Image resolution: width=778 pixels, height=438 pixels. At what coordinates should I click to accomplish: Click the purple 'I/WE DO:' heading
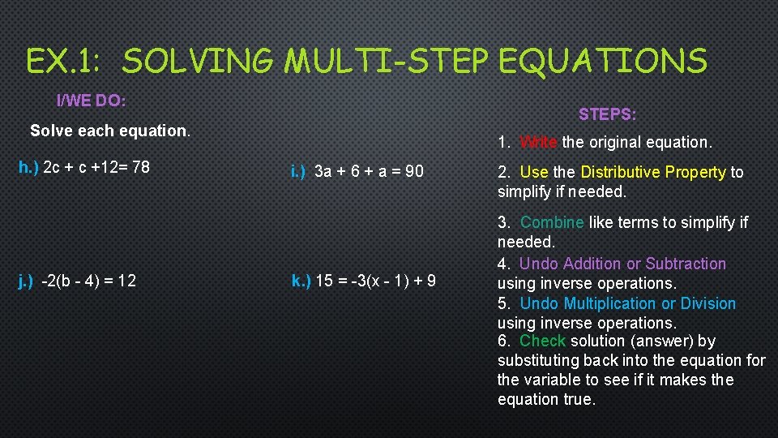pyautogui.click(x=91, y=101)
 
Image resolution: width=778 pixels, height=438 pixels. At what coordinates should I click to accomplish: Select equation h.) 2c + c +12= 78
pyautogui.click(x=84, y=168)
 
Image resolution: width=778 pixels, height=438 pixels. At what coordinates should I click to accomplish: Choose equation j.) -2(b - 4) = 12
pyautogui.click(x=77, y=281)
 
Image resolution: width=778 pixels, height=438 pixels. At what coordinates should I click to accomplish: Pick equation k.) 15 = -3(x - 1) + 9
pyautogui.click(x=364, y=281)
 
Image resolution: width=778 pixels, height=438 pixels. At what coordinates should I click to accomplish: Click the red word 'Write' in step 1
pyautogui.click(x=538, y=143)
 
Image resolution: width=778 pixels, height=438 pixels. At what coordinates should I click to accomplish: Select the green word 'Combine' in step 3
pyautogui.click(x=552, y=222)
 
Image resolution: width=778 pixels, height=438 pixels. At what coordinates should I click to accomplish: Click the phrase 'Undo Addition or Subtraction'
pyautogui.click(x=622, y=264)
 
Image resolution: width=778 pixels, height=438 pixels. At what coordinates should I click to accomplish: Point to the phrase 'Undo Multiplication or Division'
pyautogui.click(x=627, y=303)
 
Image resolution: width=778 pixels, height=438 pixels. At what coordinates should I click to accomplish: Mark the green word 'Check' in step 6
pyautogui.click(x=542, y=341)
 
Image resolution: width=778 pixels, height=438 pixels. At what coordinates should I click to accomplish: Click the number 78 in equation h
pyautogui.click(x=140, y=168)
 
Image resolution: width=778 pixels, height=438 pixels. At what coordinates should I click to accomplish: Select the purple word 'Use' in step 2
pyautogui.click(x=534, y=172)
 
